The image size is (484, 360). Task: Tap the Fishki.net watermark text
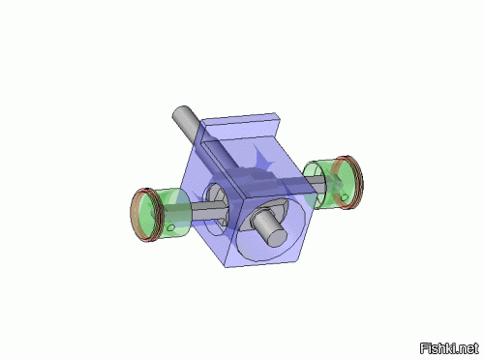[x=449, y=348]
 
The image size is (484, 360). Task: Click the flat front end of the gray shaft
[x=277, y=238]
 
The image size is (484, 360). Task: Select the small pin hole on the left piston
[x=171, y=227]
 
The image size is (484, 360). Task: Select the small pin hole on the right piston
[x=345, y=197]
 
